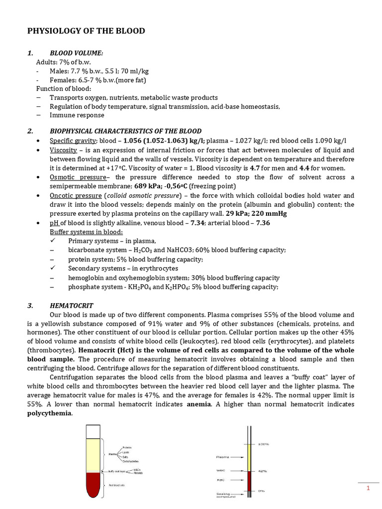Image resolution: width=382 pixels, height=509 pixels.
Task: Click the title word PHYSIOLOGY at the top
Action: [52, 31]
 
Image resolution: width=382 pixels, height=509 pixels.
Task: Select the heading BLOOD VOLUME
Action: [77, 54]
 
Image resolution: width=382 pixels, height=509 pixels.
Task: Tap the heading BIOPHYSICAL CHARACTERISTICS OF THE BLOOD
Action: [125, 131]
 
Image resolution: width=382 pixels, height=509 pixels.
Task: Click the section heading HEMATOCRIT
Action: [72, 306]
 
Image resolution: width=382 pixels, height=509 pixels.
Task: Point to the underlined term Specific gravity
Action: [70, 141]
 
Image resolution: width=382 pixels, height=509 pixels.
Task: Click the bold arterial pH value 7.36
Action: [263, 223]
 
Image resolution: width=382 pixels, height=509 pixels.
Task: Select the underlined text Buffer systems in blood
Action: [87, 232]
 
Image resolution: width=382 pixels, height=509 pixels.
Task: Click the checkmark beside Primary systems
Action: [53, 241]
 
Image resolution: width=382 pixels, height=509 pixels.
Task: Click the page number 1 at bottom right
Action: [368, 488]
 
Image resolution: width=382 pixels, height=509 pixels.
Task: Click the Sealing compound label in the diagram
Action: [222, 495]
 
